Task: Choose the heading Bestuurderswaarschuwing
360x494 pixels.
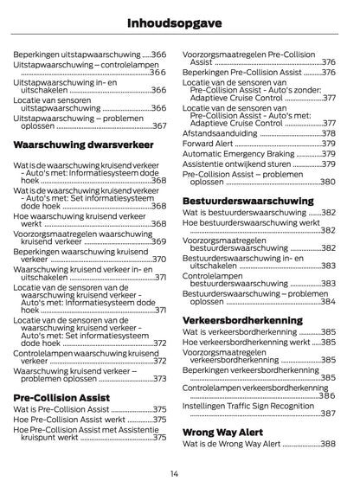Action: pos(247,200)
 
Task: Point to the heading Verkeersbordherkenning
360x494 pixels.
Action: pos(242,319)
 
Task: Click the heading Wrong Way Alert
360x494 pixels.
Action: pos(224,431)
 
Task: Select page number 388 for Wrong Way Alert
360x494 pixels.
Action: pos(327,444)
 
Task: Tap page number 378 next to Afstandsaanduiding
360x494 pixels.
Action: pos(328,133)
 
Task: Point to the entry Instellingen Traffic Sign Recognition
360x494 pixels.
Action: pos(248,404)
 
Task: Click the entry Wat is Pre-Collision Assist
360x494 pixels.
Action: pos(61,409)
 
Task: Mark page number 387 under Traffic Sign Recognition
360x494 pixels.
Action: pos(327,414)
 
